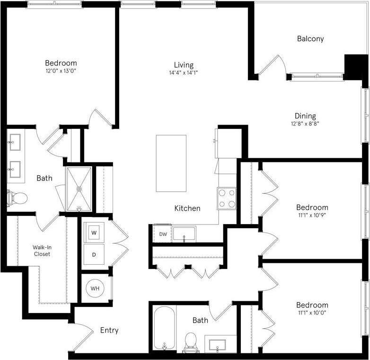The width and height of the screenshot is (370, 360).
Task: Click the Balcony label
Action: [x=310, y=39]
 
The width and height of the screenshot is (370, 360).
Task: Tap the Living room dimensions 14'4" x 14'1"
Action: [x=183, y=73]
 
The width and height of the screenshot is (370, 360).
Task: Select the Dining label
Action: [x=305, y=116]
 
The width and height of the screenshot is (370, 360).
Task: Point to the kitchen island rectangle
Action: [x=171, y=163]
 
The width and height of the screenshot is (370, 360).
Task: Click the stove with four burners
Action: [x=227, y=198]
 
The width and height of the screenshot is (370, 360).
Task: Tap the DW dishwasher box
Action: [x=162, y=234]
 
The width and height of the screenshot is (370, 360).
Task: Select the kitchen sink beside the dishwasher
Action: [x=184, y=234]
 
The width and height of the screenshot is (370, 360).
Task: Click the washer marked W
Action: [x=94, y=233]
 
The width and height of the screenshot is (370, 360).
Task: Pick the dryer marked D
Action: [x=94, y=255]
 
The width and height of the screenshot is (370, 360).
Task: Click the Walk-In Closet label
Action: [x=41, y=251]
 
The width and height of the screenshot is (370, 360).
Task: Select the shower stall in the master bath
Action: [x=79, y=189]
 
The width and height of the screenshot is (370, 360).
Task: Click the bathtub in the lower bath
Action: [x=164, y=328]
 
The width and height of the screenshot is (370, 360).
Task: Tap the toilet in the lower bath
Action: [x=191, y=341]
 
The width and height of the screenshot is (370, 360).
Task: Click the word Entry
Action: [x=109, y=330]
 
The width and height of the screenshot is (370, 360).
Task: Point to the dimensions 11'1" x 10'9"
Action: [x=312, y=216]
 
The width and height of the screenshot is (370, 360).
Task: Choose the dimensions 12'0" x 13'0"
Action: [x=61, y=71]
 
